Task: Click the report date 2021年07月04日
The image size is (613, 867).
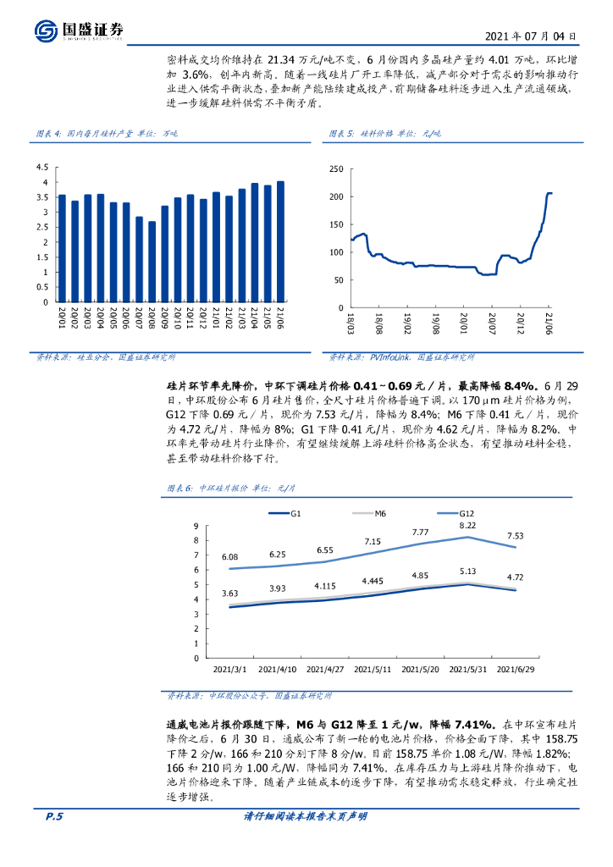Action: [x=531, y=36]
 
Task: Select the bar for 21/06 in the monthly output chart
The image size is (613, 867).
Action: [x=280, y=241]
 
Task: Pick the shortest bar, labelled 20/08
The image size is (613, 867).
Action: [x=152, y=262]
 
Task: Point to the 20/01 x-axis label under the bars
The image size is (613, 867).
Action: [x=62, y=319]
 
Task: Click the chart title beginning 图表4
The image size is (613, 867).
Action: [x=102, y=134]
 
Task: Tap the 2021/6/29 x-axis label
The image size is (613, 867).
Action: [x=516, y=670]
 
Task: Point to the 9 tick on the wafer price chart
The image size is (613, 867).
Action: [x=196, y=525]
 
